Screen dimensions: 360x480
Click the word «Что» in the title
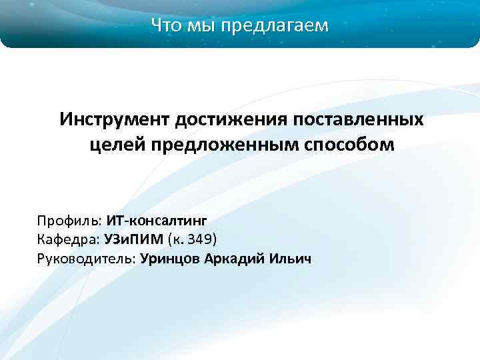pyautogui.click(x=167, y=26)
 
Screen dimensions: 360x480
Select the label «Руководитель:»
pyautogui.click(x=87, y=258)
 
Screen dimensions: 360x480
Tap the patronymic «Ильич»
pyautogui.click(x=290, y=258)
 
